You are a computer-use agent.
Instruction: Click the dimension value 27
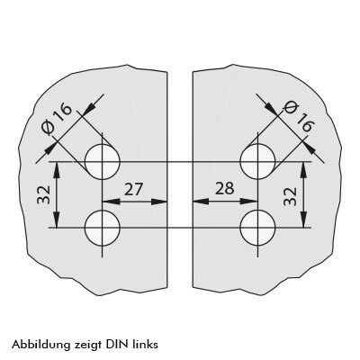point(133,190)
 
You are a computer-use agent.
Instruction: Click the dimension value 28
point(225,189)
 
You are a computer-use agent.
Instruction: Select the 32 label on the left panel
point(44,195)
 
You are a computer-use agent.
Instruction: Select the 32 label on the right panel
point(290,196)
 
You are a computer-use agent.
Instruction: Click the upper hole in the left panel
point(103,162)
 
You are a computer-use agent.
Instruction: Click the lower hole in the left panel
point(103,228)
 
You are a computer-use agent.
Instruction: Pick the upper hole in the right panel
point(257,162)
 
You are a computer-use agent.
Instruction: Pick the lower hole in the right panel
point(257,228)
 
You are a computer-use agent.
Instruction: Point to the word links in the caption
point(145,344)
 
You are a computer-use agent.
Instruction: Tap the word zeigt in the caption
point(87,345)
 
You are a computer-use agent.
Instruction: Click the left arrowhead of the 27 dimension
point(111,202)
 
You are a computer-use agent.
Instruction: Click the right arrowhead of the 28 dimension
point(249,202)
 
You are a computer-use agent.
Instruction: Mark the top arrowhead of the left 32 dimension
point(57,170)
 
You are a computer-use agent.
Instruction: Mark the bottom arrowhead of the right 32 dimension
point(304,220)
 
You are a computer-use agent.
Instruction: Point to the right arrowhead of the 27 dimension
point(158,202)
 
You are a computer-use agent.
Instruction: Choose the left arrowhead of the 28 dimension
point(201,202)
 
